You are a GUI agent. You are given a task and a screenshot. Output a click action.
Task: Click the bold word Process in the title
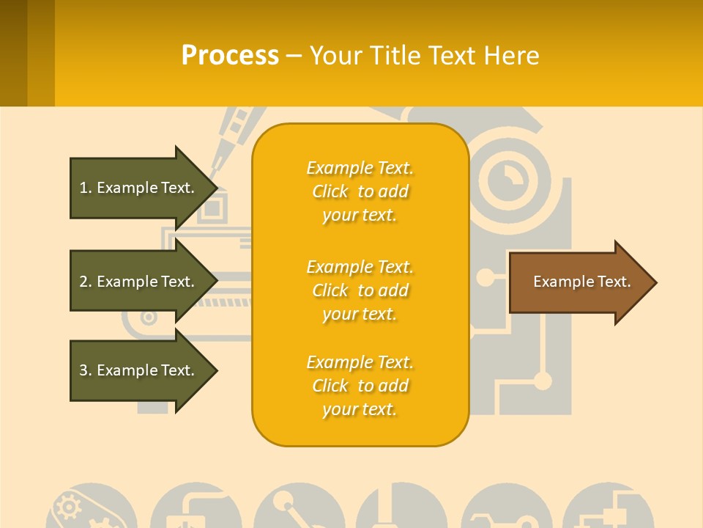(x=230, y=56)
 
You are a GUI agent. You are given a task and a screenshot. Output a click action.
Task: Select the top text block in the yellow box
(x=360, y=191)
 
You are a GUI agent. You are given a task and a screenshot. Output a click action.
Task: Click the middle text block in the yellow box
(x=360, y=290)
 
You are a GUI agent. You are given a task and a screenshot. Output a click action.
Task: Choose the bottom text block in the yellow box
(x=360, y=386)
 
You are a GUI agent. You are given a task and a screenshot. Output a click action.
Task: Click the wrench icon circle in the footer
(x=505, y=510)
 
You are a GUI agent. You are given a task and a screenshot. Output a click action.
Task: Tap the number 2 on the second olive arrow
(x=83, y=282)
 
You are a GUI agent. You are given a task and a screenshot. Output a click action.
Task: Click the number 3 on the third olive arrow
(x=83, y=370)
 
